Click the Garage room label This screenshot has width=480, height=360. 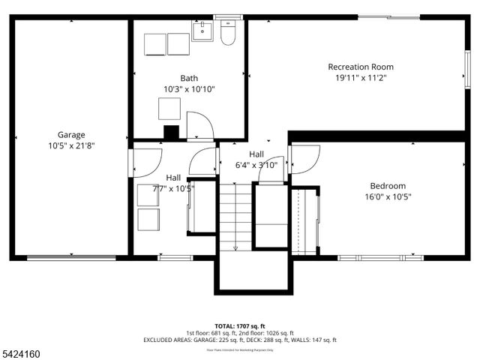tap(71, 135)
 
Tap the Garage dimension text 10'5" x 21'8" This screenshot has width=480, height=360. tap(71, 146)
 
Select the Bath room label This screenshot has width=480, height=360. tap(189, 78)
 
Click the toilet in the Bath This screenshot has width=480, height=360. tap(229, 33)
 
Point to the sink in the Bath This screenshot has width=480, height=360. tap(202, 31)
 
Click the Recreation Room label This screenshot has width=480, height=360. tap(360, 67)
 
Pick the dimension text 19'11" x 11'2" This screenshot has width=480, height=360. tap(360, 77)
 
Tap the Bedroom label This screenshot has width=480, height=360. tap(388, 186)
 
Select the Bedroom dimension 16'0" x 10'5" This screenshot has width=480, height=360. tap(388, 196)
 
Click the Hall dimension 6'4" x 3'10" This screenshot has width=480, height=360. tap(256, 165)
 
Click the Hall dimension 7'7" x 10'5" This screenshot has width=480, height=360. tap(173, 188)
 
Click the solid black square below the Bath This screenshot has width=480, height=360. tap(172, 133)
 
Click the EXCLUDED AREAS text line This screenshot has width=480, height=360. tap(240, 340)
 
